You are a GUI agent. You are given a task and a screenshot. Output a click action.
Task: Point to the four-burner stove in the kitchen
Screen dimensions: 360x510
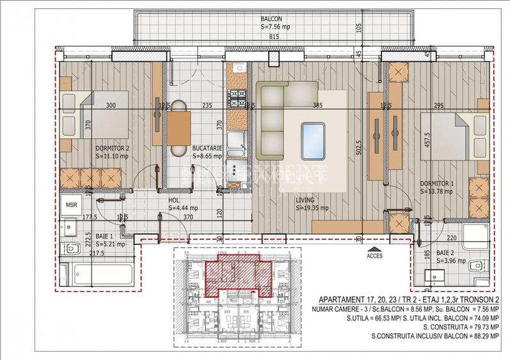(x=239, y=98)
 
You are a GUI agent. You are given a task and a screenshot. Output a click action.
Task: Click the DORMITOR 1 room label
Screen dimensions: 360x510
(x=438, y=183)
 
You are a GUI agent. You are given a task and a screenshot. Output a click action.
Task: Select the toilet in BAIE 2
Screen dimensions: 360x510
(x=477, y=267)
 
